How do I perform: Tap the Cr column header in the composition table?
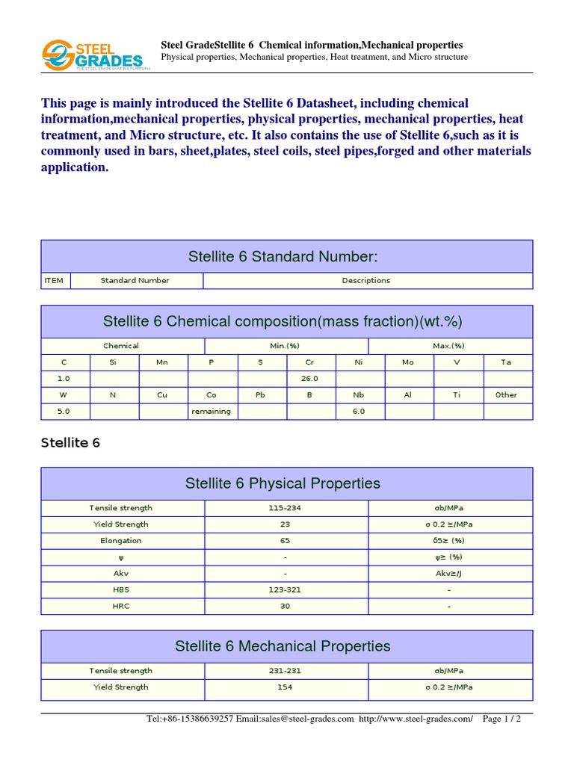pyautogui.click(x=310, y=362)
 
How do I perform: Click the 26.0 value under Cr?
pyautogui.click(x=310, y=379)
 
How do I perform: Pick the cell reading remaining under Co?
pyautogui.click(x=212, y=412)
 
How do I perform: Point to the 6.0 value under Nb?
pyautogui.click(x=359, y=412)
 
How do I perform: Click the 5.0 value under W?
pyautogui.click(x=64, y=412)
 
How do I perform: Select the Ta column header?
pyautogui.click(x=506, y=362)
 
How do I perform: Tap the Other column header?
pyautogui.click(x=506, y=395)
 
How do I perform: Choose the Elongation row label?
pyautogui.click(x=121, y=541)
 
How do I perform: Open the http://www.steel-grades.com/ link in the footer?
pyautogui.click(x=416, y=719)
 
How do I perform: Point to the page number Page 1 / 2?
pyautogui.click(x=502, y=719)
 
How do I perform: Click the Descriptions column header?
pyautogui.click(x=366, y=281)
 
